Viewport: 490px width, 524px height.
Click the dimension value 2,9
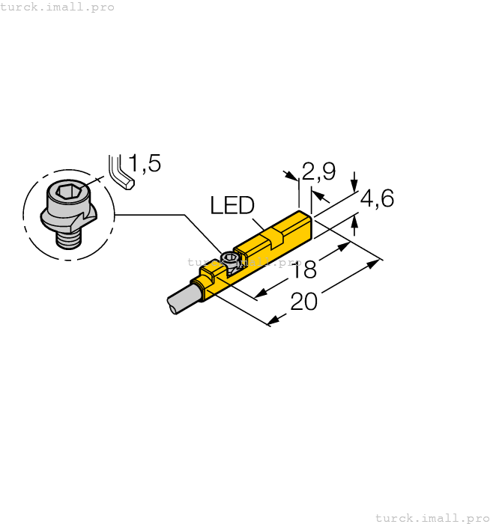[318, 172]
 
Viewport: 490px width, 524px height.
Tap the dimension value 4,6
[377, 198]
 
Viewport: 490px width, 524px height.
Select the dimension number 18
[304, 269]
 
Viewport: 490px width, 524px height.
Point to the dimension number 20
[304, 301]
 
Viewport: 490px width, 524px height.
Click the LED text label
[232, 206]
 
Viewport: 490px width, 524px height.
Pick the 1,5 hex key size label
[145, 163]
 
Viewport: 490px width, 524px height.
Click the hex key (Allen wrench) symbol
[120, 173]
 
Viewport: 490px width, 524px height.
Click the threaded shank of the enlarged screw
[69, 238]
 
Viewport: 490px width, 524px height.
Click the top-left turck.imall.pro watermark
[58, 7]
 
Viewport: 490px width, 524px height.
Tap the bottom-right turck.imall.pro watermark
[432, 517]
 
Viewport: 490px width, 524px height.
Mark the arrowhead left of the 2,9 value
[291, 177]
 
